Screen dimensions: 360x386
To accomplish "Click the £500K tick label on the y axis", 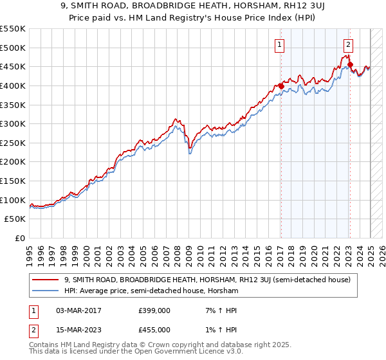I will [13, 48].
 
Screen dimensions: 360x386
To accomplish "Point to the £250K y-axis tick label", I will [13, 143].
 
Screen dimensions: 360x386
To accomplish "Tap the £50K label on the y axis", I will [15, 219].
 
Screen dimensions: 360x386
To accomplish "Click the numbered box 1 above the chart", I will [280, 45].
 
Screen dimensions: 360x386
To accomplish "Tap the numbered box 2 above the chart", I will [348, 45].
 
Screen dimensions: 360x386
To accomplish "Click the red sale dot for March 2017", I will [281, 86].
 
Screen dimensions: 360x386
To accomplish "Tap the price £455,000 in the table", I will [154, 330].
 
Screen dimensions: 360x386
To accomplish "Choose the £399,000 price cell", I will [154, 311].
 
